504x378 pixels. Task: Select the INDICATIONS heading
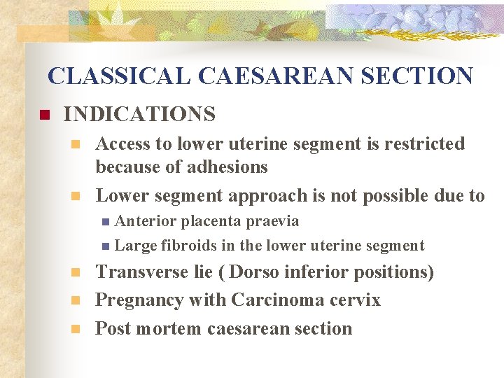point(139,113)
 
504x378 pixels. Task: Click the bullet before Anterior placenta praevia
point(105,222)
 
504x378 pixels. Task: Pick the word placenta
point(211,222)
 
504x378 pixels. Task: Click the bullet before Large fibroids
point(105,246)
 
